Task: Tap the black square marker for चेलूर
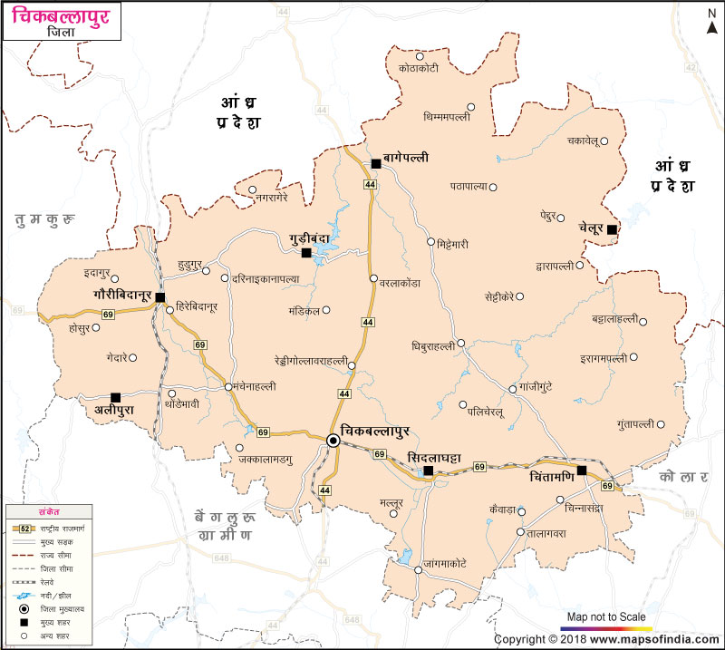pyautogui.click(x=613, y=229)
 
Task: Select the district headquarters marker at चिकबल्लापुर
pyautogui.click(x=333, y=441)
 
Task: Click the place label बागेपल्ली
pyautogui.click(x=405, y=157)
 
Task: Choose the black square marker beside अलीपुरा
pyautogui.click(x=115, y=397)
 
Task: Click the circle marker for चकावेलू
pyautogui.click(x=604, y=141)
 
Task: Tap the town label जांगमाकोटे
pyautogui.click(x=452, y=563)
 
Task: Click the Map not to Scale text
pyautogui.click(x=606, y=616)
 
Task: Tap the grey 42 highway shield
pyautogui.click(x=691, y=67)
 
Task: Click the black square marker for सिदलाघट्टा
pyautogui.click(x=428, y=471)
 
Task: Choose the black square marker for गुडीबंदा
pyautogui.click(x=306, y=253)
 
